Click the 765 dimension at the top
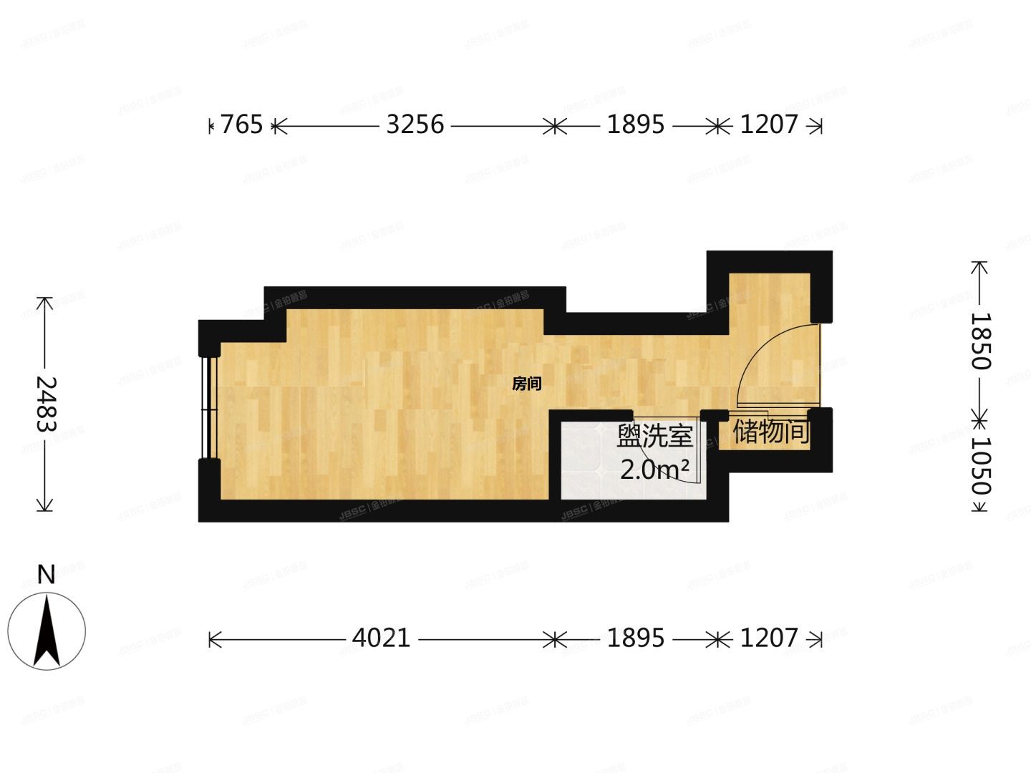pyautogui.click(x=241, y=125)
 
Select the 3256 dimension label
pyautogui.click(x=415, y=125)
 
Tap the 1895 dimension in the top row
pyautogui.click(x=636, y=125)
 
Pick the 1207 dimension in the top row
pyautogui.click(x=768, y=125)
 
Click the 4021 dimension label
pyautogui.click(x=382, y=638)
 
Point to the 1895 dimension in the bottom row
pyautogui.click(x=636, y=638)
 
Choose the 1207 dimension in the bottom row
pyautogui.click(x=768, y=638)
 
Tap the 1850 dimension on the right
pyautogui.click(x=979, y=341)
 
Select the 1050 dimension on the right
pyautogui.click(x=979, y=466)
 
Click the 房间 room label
pyautogui.click(x=527, y=384)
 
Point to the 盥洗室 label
pyautogui.click(x=654, y=437)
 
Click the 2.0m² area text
pyautogui.click(x=654, y=470)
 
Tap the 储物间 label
pyautogui.click(x=770, y=432)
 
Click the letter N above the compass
pyautogui.click(x=47, y=575)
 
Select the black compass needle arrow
pyautogui.click(x=47, y=630)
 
